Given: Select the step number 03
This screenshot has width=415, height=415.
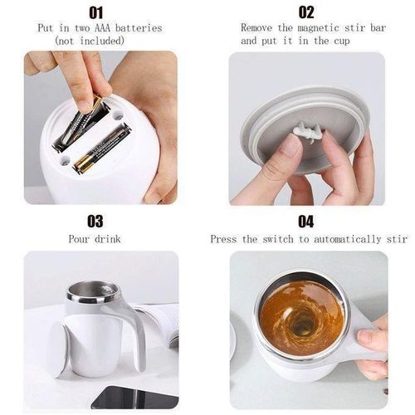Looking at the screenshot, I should [96, 221].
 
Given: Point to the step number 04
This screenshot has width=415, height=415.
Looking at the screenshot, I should [306, 221].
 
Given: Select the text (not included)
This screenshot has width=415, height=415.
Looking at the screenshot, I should [90, 40].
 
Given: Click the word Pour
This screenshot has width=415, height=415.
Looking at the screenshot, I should [81, 239].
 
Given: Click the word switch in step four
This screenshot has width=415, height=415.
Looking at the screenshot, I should [278, 239].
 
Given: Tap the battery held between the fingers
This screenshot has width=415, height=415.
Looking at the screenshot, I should [81, 121].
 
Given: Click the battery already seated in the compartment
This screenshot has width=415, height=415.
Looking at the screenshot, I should [102, 147].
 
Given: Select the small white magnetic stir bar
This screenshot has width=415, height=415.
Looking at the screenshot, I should [305, 129].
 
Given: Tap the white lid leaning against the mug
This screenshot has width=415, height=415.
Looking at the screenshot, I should [56, 348].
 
